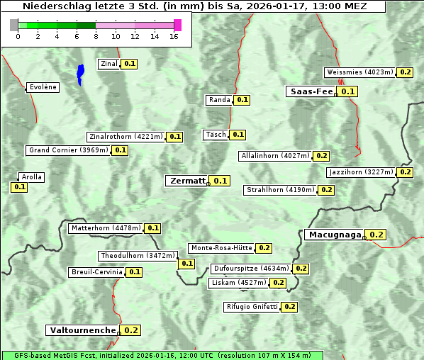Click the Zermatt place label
187,181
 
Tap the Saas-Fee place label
311,91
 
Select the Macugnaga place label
334,235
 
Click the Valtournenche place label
82,330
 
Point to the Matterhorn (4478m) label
105,228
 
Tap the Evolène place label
43,87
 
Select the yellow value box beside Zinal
130,64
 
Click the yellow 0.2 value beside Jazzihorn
405,172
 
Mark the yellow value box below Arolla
19,187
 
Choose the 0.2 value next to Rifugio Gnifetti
289,307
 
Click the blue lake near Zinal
80,74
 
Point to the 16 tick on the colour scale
174,36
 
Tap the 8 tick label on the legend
96,36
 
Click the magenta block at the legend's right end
177,25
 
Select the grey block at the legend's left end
14,25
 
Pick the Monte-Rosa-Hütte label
221,248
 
